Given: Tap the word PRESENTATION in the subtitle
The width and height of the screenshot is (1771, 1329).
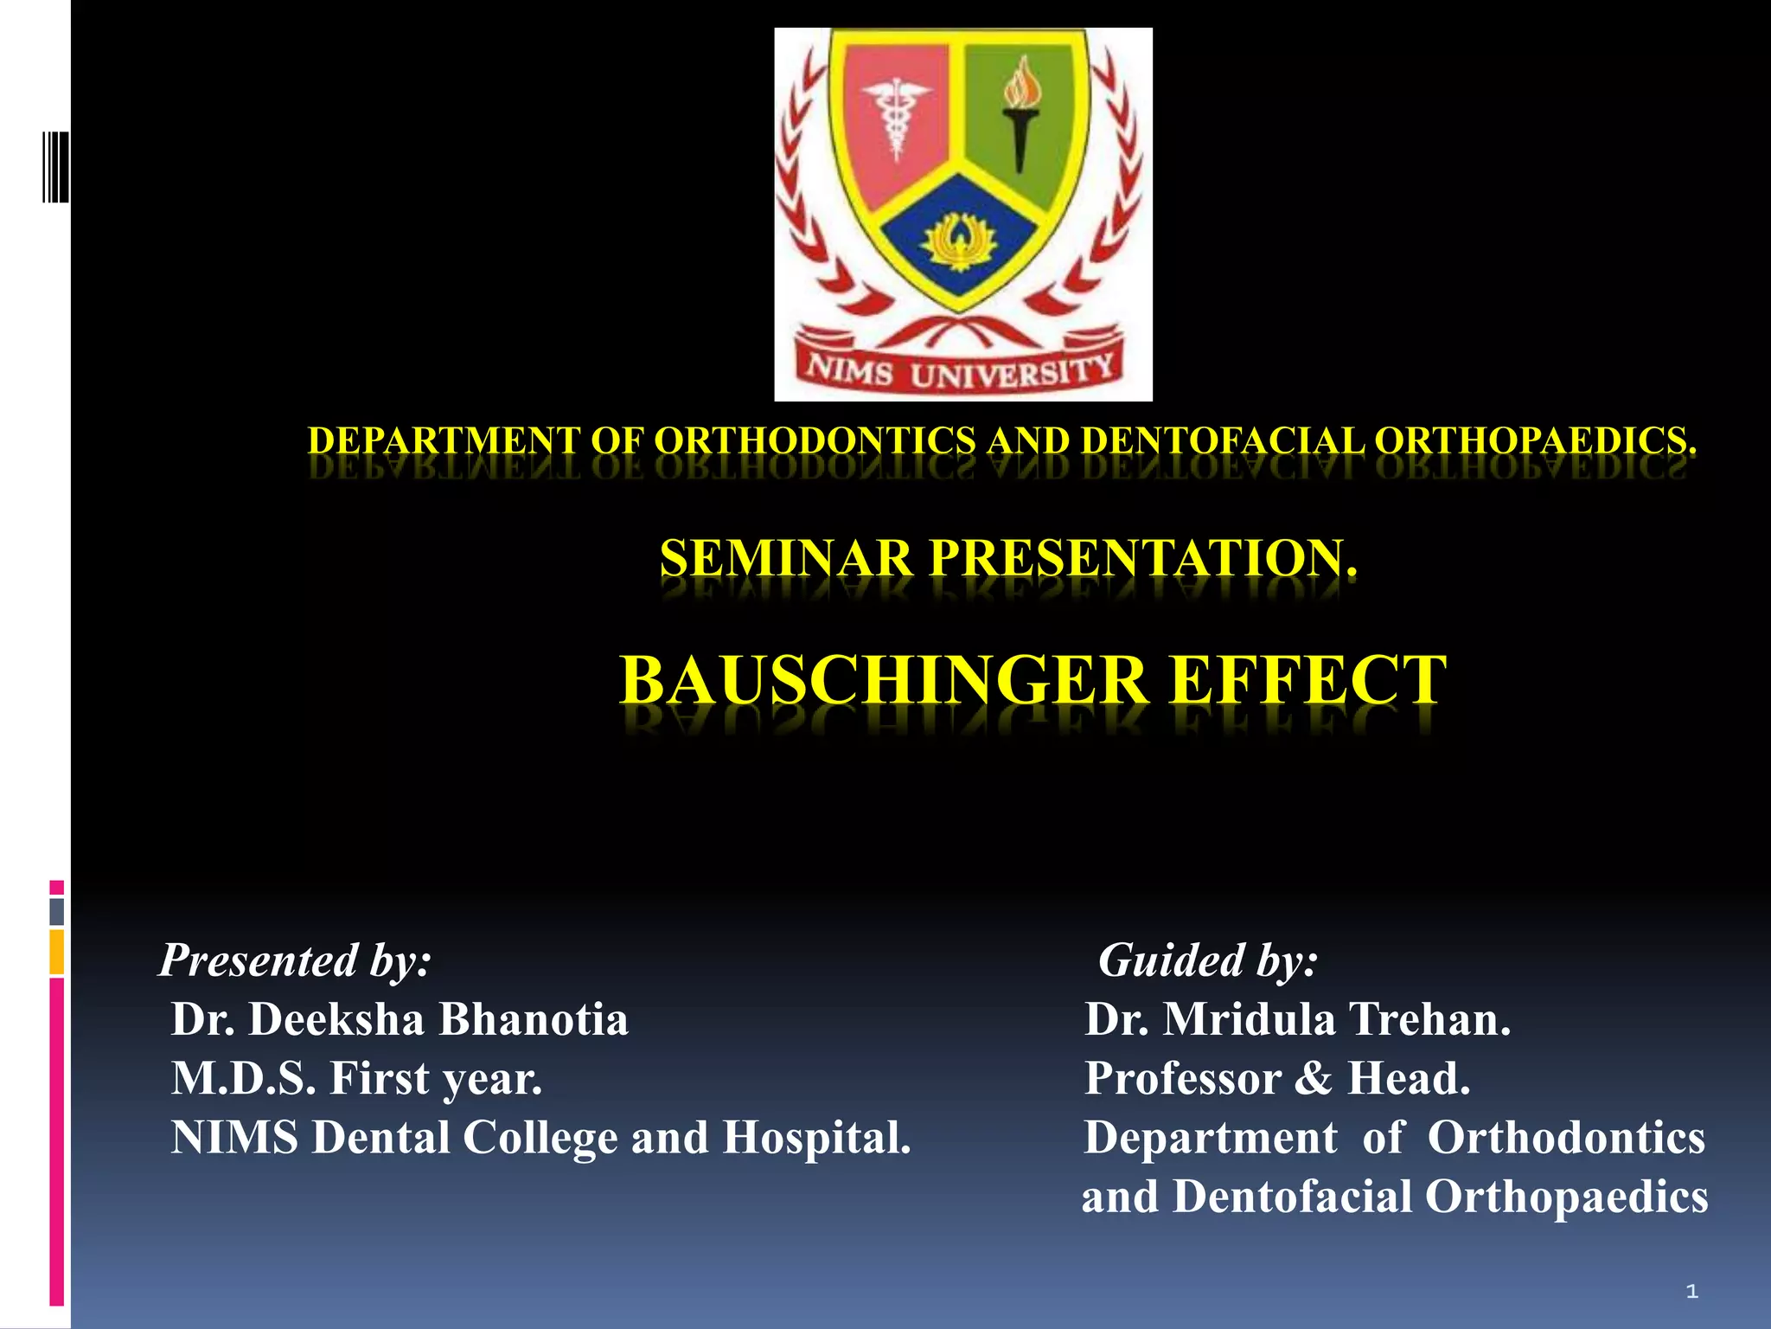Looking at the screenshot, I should pyautogui.click(x=1142, y=558).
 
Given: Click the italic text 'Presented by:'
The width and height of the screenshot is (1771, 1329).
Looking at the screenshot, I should pyautogui.click(x=295, y=960).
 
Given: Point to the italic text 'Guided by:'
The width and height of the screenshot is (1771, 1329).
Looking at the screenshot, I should pyautogui.click(x=1207, y=960).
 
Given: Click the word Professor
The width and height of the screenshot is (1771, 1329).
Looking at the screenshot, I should pyautogui.click(x=1182, y=1079).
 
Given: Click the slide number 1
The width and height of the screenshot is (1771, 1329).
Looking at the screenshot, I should pyautogui.click(x=1692, y=1292).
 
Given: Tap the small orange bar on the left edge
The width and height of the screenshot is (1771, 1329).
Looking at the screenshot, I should pyautogui.click(x=57, y=952).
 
